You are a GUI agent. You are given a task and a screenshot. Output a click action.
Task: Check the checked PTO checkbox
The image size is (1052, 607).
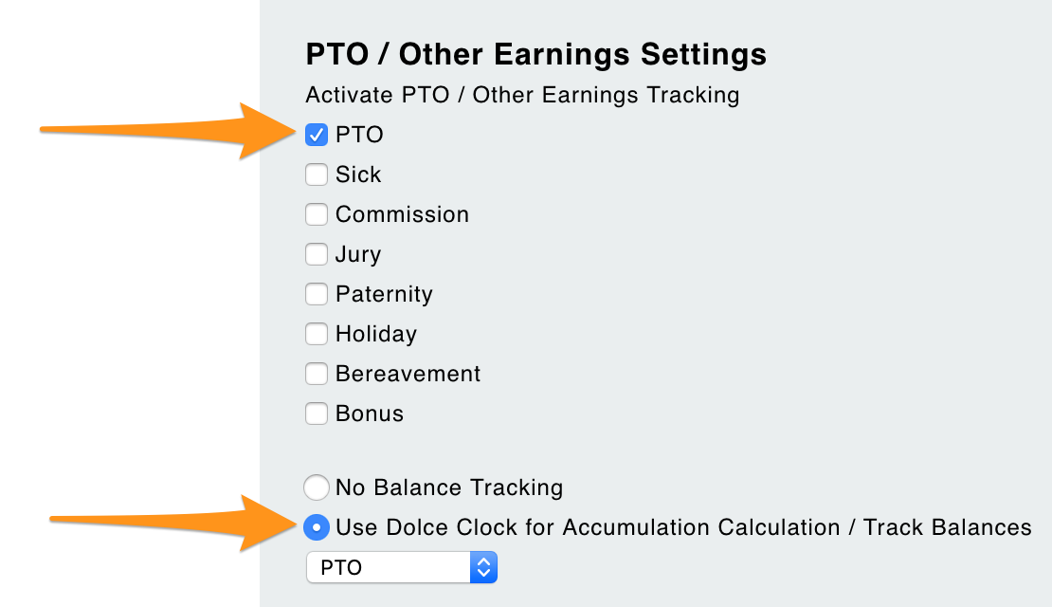pyautogui.click(x=316, y=135)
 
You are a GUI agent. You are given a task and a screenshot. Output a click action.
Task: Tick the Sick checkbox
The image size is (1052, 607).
pyautogui.click(x=316, y=175)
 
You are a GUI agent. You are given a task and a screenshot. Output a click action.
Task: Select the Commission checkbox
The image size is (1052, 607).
pyautogui.click(x=316, y=214)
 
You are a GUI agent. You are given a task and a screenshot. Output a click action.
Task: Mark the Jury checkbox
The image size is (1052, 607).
pyautogui.click(x=316, y=254)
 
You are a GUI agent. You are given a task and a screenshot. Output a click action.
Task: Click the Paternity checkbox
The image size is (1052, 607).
pyautogui.click(x=316, y=294)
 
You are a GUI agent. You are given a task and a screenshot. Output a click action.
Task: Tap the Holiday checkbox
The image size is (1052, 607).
pyautogui.click(x=316, y=334)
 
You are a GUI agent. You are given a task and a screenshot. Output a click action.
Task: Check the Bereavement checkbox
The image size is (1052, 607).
pyautogui.click(x=316, y=374)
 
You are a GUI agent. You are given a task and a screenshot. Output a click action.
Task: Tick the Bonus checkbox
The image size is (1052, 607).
pyautogui.click(x=316, y=414)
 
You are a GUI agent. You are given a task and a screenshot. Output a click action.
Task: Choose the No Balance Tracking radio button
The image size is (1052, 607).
pyautogui.click(x=316, y=487)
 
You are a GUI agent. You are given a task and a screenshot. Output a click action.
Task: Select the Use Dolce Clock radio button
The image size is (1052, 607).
pyautogui.click(x=316, y=527)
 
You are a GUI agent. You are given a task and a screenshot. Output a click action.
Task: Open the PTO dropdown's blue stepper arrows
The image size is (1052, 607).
pyautogui.click(x=483, y=567)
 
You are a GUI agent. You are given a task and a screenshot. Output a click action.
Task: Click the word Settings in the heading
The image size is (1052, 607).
pyautogui.click(x=703, y=54)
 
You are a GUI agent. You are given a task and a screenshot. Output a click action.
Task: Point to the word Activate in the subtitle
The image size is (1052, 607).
pyautogui.click(x=350, y=95)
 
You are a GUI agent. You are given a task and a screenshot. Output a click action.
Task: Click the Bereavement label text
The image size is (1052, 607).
pyautogui.click(x=408, y=374)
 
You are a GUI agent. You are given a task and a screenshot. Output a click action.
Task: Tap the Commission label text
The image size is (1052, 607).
pyautogui.click(x=403, y=214)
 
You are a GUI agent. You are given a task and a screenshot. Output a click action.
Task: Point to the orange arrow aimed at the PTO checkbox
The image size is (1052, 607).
pyautogui.click(x=168, y=131)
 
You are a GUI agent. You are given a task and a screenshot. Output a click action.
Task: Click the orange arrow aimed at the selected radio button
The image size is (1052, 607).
pyautogui.click(x=173, y=523)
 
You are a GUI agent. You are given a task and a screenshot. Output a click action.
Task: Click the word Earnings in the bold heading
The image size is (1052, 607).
pyautogui.click(x=562, y=54)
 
